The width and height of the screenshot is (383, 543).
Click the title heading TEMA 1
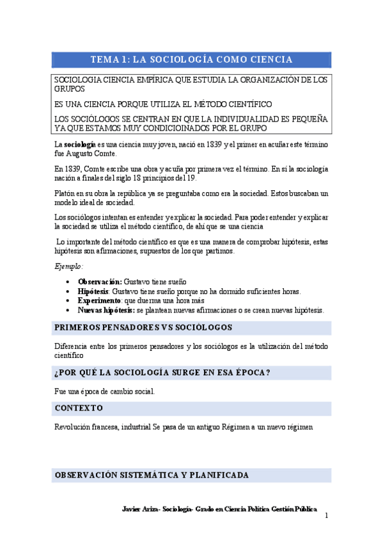(191, 60)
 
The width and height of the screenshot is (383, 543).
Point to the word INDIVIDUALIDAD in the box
(233, 119)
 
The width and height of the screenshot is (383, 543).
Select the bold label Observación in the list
(100, 282)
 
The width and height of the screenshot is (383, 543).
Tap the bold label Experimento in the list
(100, 300)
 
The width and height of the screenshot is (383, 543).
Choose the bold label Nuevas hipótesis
(106, 310)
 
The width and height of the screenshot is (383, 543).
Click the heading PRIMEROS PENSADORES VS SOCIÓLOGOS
(143, 328)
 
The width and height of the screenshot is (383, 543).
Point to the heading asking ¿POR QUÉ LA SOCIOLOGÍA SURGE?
(162, 373)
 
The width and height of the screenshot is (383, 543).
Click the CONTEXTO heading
(79, 408)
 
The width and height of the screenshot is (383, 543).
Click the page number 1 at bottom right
(325, 516)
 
